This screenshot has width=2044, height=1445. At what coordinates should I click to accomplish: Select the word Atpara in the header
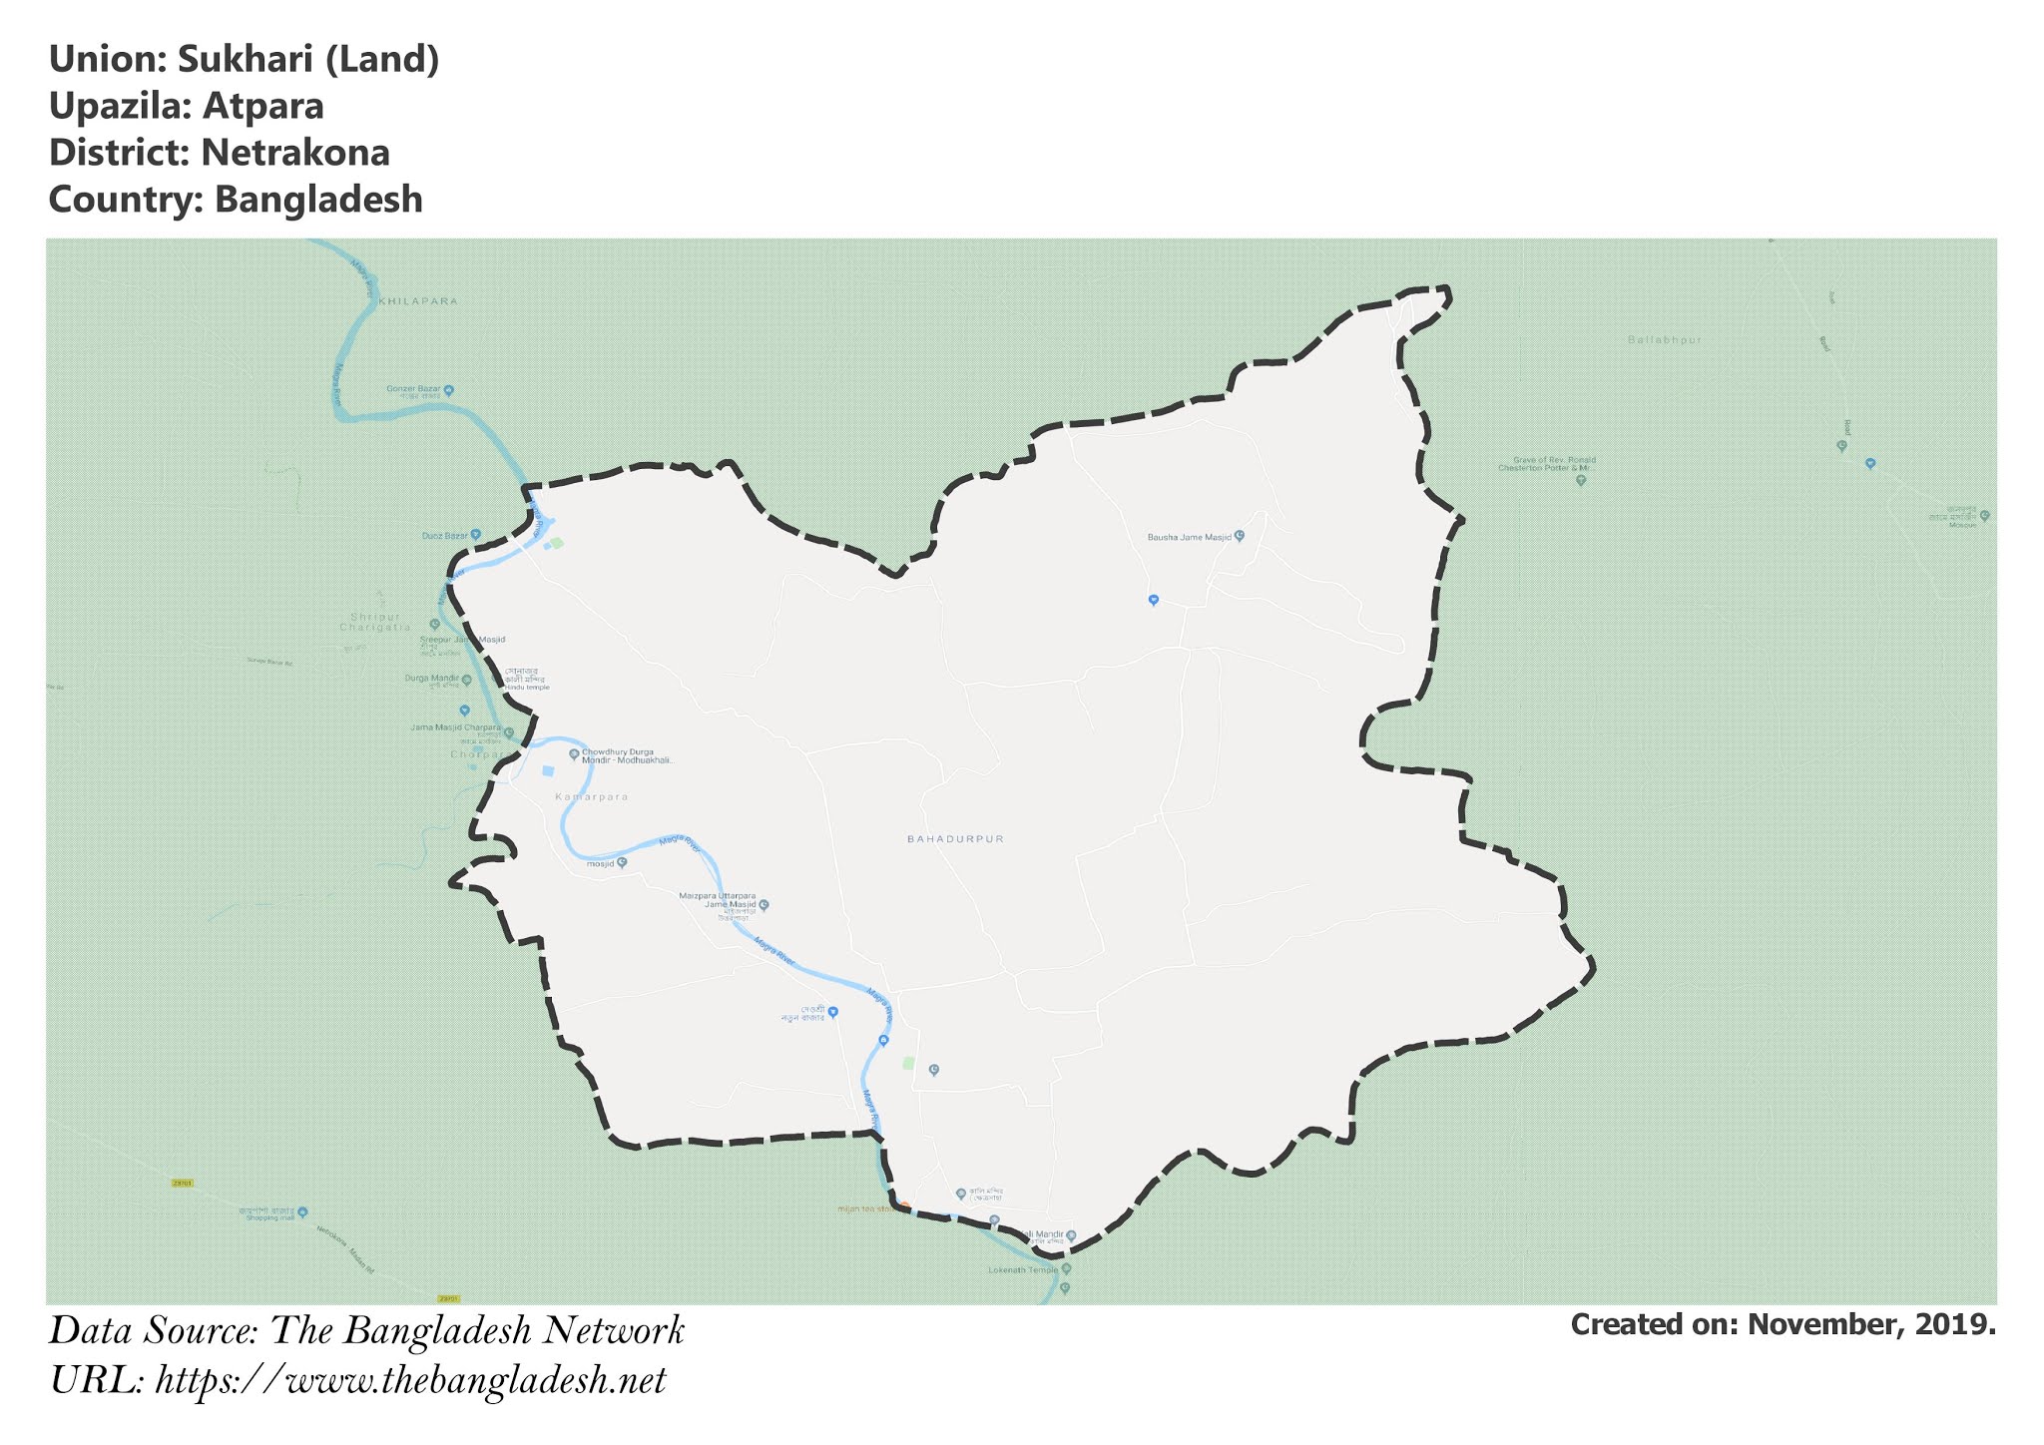[263, 106]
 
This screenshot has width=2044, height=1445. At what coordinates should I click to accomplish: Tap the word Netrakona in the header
[295, 153]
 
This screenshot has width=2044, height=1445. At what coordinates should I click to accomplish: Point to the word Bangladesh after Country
[318, 200]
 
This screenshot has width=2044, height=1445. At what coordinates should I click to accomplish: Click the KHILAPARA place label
[419, 300]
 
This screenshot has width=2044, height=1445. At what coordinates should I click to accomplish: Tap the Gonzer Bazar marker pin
[449, 390]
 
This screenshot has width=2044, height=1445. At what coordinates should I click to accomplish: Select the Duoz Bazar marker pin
[476, 535]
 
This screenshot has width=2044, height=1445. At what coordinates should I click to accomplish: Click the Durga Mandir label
[431, 680]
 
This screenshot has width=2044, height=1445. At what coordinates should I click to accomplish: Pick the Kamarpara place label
[591, 797]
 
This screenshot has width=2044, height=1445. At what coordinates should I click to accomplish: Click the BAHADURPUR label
[955, 839]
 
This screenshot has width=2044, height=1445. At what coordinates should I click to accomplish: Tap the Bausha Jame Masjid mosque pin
[1240, 536]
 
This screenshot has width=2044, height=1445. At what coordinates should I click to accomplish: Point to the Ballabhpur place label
[1664, 340]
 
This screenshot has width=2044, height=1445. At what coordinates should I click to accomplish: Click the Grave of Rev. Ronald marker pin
[1581, 480]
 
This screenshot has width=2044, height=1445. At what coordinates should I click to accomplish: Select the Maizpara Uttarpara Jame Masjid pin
[764, 905]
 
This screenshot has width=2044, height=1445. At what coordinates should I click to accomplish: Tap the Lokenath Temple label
[1022, 1270]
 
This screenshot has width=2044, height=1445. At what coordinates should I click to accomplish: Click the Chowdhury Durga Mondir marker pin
[574, 754]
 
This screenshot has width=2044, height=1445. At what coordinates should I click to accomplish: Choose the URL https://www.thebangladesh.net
[410, 1381]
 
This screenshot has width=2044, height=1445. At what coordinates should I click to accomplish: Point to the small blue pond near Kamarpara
[548, 770]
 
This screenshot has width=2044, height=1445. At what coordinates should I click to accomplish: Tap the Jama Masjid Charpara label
[455, 727]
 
